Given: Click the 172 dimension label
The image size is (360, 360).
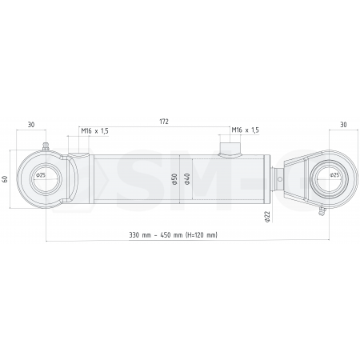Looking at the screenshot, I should click(163, 122).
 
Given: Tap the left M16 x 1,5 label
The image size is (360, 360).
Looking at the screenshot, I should click(94, 130).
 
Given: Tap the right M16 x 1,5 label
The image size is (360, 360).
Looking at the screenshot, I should click(245, 130).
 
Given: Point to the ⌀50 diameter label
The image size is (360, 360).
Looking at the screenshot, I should click(174, 178).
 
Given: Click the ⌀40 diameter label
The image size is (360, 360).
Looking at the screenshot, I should click(187, 178).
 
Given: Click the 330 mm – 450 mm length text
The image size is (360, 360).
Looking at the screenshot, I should click(174, 235).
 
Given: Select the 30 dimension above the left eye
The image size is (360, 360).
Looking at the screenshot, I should click(30, 124).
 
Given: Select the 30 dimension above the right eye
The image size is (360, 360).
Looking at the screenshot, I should click(343, 124).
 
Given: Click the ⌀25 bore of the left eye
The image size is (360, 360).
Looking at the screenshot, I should click(41, 175).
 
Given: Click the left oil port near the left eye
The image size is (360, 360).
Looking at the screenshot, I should click(78, 152).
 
